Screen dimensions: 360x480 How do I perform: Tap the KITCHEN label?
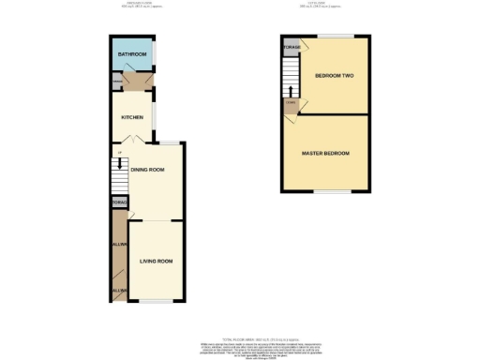click(x=131, y=117)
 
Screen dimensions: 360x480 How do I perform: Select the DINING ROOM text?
click(x=147, y=170)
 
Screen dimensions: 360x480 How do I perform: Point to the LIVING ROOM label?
click(x=156, y=262)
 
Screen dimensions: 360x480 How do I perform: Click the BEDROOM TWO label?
click(x=333, y=76)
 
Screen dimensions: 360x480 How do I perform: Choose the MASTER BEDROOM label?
click(x=325, y=153)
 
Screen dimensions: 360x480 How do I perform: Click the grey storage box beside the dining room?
click(x=119, y=202)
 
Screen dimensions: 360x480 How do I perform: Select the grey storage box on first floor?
click(x=292, y=47)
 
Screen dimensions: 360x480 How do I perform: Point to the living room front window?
click(x=157, y=302)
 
